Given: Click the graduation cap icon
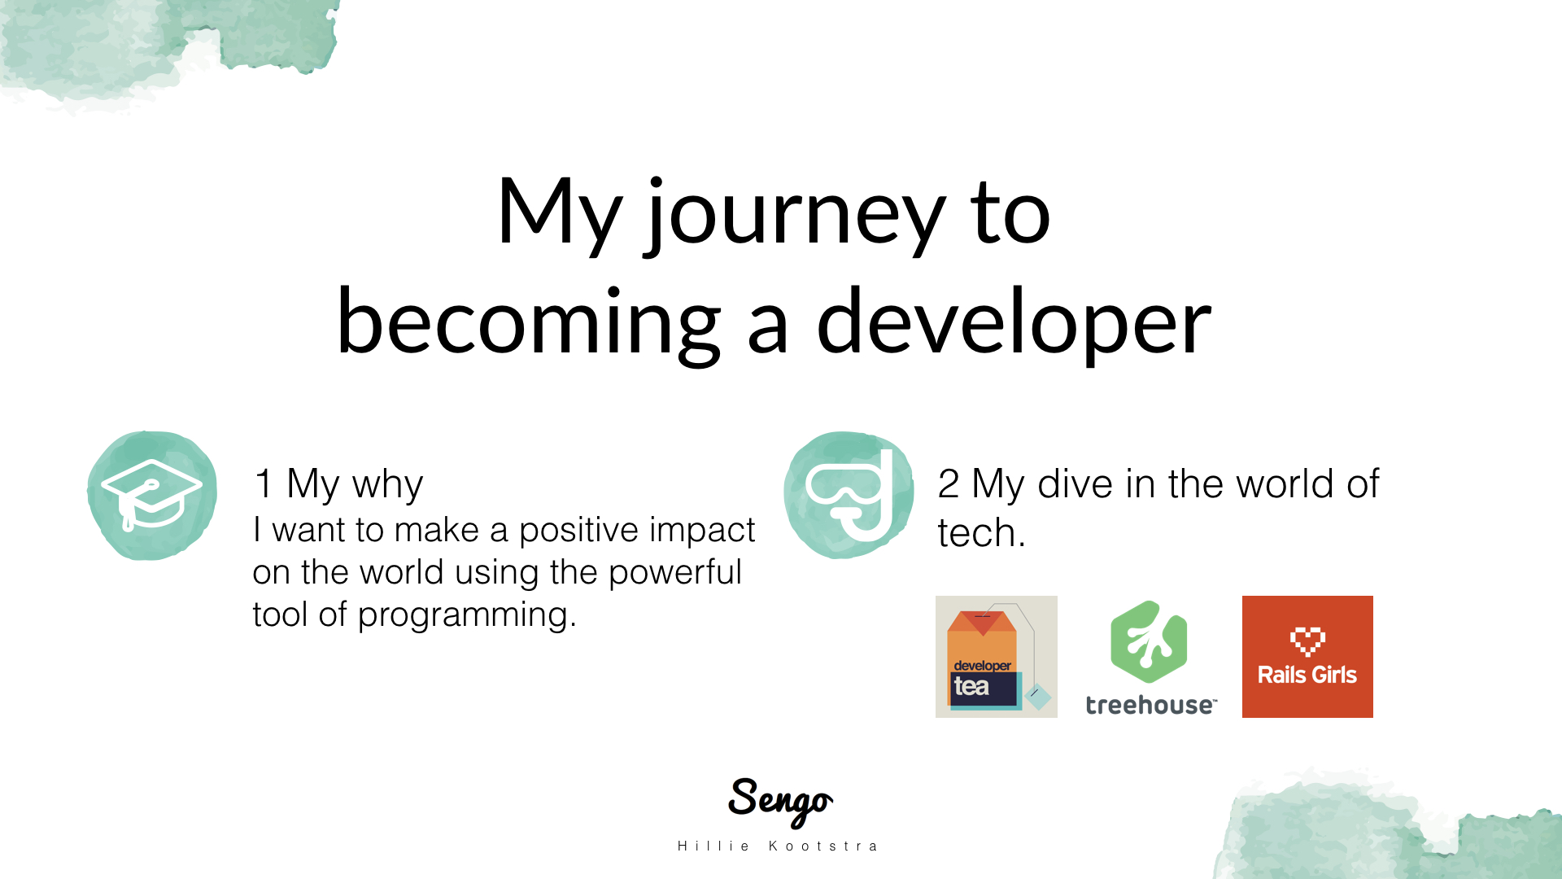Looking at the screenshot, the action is pyautogui.click(x=152, y=495).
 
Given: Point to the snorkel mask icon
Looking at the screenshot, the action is pyautogui.click(x=849, y=495).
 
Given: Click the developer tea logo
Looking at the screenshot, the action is pyautogui.click(x=997, y=657).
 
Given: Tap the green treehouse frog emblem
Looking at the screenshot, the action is pyautogui.click(x=1149, y=642).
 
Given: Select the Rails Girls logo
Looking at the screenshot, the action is pyautogui.click(x=1307, y=657).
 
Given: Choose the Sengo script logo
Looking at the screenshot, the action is pyautogui.click(x=780, y=801).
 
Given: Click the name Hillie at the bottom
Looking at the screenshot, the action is pyautogui.click(x=713, y=846).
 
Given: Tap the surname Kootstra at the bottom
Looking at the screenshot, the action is pyautogui.click(x=823, y=846).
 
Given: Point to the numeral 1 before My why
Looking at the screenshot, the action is pyautogui.click(x=263, y=483).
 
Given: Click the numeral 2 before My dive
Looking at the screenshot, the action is pyautogui.click(x=949, y=483).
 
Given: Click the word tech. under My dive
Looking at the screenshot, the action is pyautogui.click(x=981, y=533).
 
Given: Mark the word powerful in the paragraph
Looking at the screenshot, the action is pyautogui.click(x=674, y=573).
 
